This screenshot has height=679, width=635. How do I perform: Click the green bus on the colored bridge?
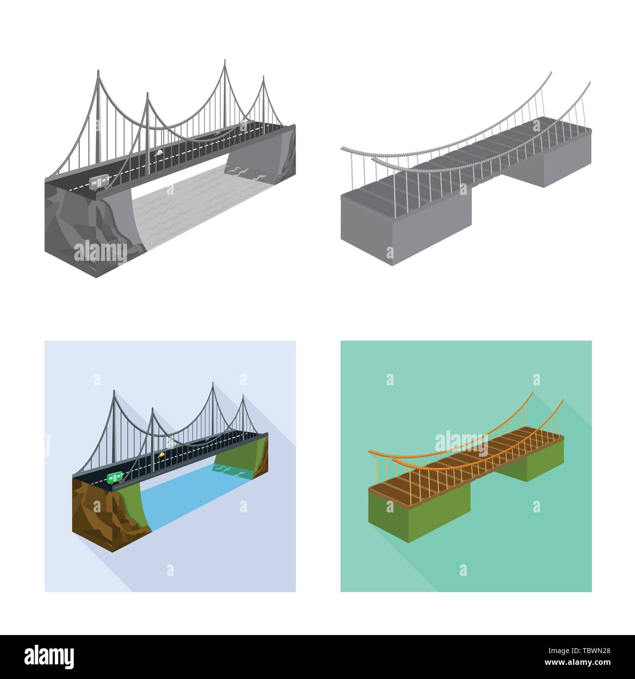pyautogui.click(x=114, y=477)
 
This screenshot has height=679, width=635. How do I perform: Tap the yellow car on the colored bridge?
pyautogui.click(x=160, y=455)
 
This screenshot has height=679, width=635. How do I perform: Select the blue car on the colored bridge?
pyautogui.click(x=207, y=439)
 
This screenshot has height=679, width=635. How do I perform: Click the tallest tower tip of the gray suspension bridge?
pyautogui.click(x=225, y=61)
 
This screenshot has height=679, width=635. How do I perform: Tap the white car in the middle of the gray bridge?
pyautogui.click(x=160, y=153)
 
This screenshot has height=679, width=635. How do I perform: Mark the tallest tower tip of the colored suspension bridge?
pyautogui.click(x=213, y=384)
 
